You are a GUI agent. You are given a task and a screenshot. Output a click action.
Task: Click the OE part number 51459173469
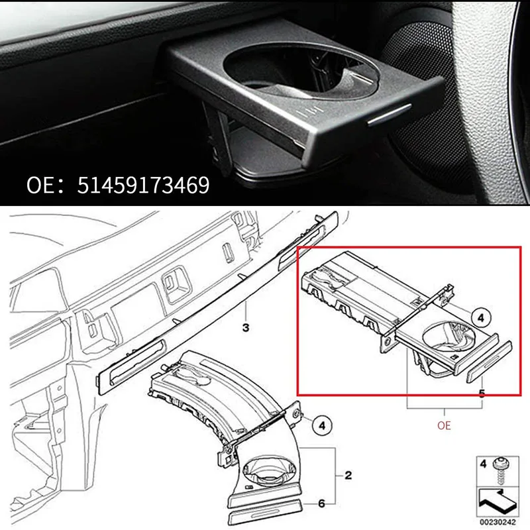(118, 183)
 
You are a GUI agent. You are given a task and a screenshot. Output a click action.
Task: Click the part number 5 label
(481, 394)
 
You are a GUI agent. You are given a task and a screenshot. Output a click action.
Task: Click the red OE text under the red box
(444, 425)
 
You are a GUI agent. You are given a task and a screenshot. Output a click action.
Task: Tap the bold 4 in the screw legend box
(483, 462)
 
